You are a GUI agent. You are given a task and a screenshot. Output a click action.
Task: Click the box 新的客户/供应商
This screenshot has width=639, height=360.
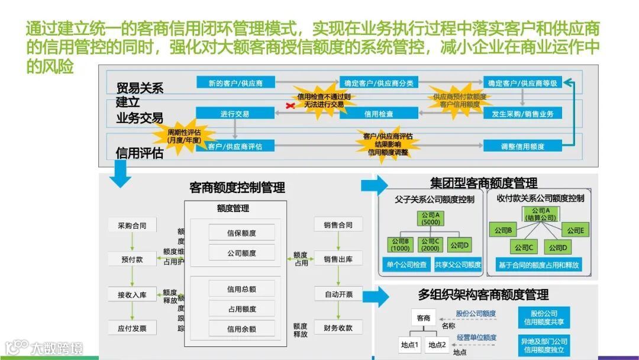pos(235,83)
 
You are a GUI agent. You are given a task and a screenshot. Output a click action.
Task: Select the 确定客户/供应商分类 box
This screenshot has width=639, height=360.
pos(379,83)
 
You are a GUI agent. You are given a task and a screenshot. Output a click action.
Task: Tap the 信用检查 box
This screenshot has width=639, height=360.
pos(379,114)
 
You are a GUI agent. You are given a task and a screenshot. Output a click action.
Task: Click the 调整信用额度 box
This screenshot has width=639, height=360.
pos(522,146)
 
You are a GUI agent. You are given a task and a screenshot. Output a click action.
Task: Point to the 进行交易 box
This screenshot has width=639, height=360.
pos(235,114)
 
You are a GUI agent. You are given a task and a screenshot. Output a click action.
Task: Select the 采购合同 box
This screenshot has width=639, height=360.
pos(132,225)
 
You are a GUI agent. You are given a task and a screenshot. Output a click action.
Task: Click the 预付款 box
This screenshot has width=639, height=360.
pos(132,259)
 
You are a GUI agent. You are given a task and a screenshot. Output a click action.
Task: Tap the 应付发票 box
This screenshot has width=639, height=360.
pos(132,328)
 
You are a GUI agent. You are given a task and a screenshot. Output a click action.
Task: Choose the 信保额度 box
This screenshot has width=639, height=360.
pos(241,233)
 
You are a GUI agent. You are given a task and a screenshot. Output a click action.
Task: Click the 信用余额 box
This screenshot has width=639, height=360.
pos(241,329)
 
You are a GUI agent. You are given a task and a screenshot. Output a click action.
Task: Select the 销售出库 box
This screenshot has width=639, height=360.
pos(338,259)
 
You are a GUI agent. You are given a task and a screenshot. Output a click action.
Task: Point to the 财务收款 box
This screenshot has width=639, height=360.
pos(338,328)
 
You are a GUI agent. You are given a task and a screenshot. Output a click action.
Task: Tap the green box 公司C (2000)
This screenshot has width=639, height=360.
pos(430,245)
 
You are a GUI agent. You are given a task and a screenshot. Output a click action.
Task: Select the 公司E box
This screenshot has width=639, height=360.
pos(572,230)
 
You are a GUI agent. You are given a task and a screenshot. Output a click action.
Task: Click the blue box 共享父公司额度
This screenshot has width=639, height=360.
pos(458,265)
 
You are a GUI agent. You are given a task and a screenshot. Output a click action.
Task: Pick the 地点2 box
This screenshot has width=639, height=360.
pos(437,345)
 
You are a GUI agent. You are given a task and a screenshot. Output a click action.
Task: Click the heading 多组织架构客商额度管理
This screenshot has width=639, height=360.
pos(483,294)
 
